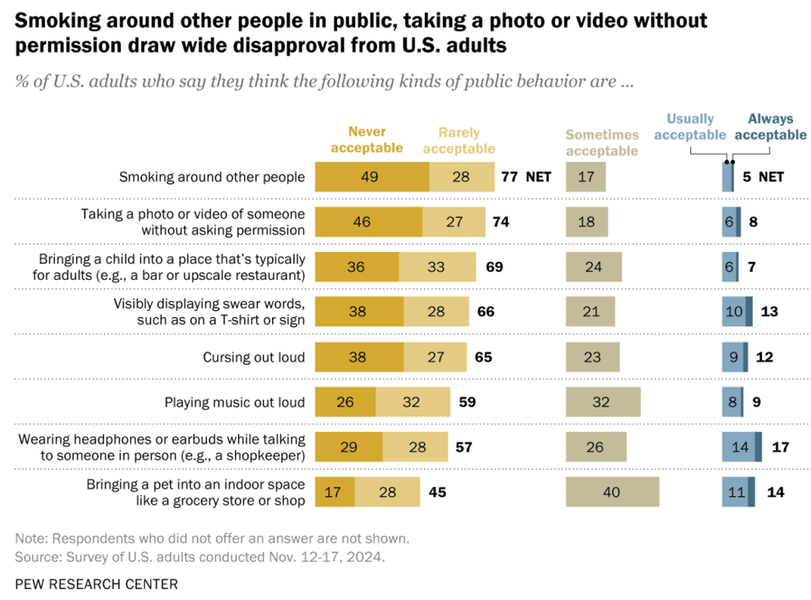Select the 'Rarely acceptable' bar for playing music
[x=411, y=402]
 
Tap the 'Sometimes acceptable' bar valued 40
[x=612, y=493]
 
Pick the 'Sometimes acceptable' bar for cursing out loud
[x=592, y=357]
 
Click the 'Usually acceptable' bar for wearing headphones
[x=738, y=447]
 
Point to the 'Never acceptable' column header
[x=367, y=140]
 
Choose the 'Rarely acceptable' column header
[x=459, y=140]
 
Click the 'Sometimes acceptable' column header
[x=602, y=143]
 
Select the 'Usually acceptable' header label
[x=690, y=127]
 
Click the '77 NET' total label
[x=525, y=177]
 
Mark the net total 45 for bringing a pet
[x=437, y=493]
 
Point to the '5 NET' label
[x=765, y=177]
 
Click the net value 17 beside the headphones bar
[x=780, y=447]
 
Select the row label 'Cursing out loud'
[x=253, y=357]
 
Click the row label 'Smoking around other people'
[x=211, y=177]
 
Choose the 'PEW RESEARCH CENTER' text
[x=96, y=584]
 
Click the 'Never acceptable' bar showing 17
[x=335, y=493]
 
